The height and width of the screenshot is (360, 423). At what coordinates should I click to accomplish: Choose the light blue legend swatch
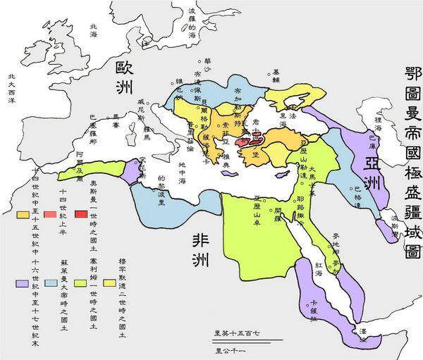point(50,283)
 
